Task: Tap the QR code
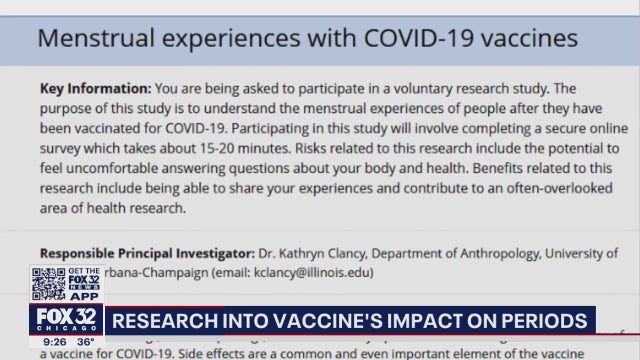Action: (49, 284)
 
